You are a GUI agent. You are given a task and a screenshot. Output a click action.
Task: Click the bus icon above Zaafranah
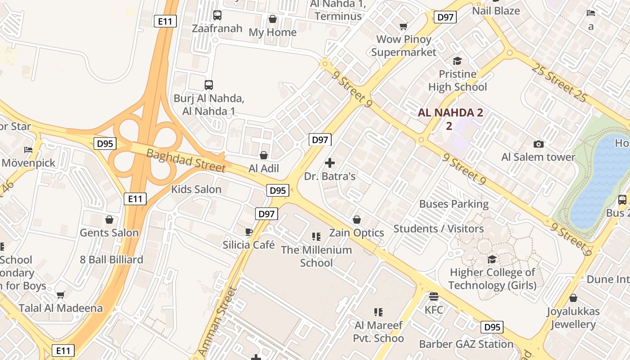(x=217, y=15)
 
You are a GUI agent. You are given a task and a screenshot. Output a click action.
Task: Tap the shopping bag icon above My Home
(x=273, y=19)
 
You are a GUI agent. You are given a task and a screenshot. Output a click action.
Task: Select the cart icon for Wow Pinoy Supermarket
(x=404, y=26)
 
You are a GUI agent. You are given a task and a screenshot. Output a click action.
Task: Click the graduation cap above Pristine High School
(x=457, y=61)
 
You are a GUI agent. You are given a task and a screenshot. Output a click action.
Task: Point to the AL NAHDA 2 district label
(x=450, y=113)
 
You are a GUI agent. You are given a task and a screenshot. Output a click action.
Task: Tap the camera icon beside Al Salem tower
(x=538, y=144)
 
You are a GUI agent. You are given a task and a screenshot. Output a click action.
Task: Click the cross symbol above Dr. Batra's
(x=330, y=163)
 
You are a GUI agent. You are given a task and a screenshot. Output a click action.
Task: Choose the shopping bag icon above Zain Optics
(x=357, y=220)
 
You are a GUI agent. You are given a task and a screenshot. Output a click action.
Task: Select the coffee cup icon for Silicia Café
(x=248, y=232)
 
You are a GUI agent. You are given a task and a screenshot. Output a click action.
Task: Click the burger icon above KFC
(x=434, y=297)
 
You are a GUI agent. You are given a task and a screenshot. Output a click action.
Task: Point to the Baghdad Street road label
(x=186, y=160)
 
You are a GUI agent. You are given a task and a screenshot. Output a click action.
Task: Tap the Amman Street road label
(x=217, y=321)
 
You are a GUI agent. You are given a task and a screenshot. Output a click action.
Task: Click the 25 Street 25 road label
(x=559, y=83)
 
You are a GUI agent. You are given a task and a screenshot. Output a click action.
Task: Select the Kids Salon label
(x=196, y=189)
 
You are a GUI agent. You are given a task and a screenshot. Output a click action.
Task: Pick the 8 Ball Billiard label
(x=112, y=260)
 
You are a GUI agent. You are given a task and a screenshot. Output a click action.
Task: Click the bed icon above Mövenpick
(x=28, y=149)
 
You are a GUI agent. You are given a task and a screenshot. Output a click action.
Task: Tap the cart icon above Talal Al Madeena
(x=61, y=295)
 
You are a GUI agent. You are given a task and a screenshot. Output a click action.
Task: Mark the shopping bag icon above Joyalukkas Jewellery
(x=573, y=298)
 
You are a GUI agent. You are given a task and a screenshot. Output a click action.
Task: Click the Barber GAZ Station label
(x=466, y=344)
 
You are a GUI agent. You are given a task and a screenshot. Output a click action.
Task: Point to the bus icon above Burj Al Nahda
(x=209, y=85)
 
